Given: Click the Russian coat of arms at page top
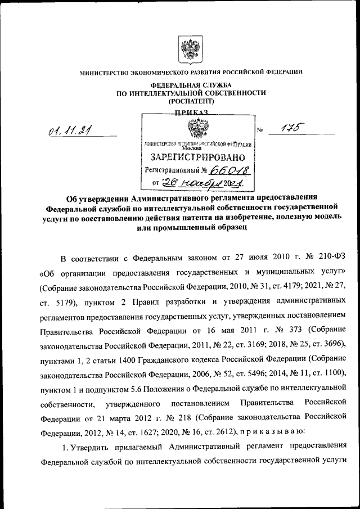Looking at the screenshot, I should (x=190, y=49).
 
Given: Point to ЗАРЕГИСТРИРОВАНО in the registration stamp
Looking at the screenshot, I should (x=196, y=156).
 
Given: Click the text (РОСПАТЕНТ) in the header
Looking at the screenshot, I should (x=191, y=102).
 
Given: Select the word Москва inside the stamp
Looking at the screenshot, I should (x=195, y=148).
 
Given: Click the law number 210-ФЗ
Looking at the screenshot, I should (x=332, y=259).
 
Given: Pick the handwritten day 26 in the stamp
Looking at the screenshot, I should (x=169, y=183).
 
